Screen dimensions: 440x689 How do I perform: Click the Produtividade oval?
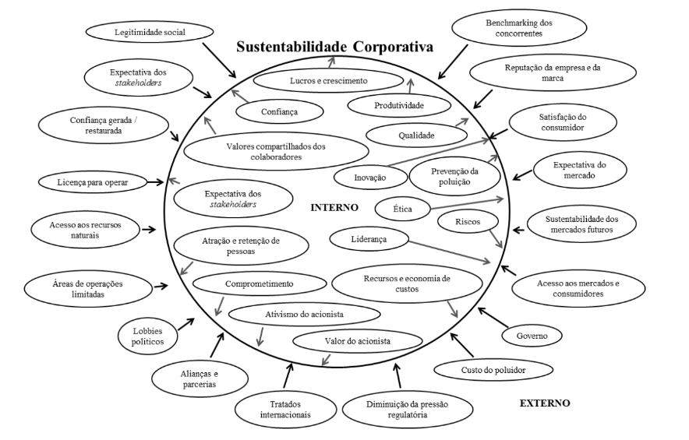(398, 104)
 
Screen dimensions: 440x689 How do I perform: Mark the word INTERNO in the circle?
(334, 208)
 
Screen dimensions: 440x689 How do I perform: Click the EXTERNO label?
(545, 403)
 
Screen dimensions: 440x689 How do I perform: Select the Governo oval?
(532, 336)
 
